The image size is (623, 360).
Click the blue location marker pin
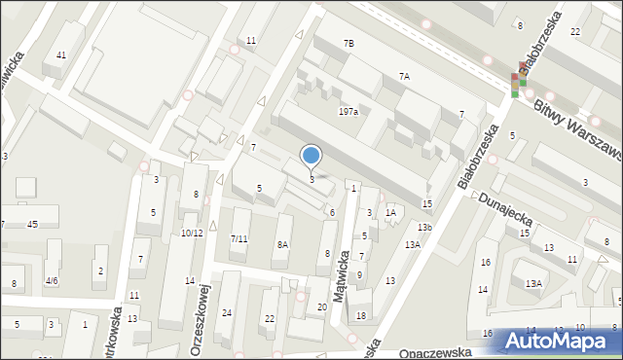[x=311, y=156]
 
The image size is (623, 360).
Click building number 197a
[x=348, y=112]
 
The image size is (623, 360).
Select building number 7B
[x=348, y=44]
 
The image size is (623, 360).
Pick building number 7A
[x=404, y=75]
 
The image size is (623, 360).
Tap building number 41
[x=60, y=54]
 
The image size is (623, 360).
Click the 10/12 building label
[x=192, y=233]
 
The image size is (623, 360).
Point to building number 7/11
[x=239, y=238]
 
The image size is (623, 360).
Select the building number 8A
[x=282, y=244]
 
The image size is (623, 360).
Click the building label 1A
[x=389, y=212]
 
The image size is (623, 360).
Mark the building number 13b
[x=424, y=227]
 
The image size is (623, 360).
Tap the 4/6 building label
[x=51, y=280]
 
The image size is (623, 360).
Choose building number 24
[x=227, y=312]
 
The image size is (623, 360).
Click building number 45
[x=32, y=225]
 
